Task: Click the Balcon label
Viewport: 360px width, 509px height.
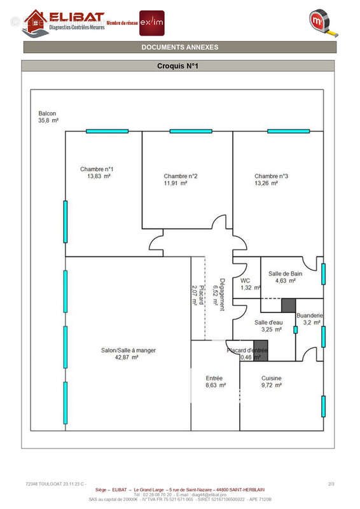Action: click(x=48, y=113)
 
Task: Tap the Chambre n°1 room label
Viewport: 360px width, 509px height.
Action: click(x=97, y=169)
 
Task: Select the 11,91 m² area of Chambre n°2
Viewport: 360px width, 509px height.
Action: click(x=175, y=183)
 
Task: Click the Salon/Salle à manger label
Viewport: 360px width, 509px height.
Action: click(x=128, y=351)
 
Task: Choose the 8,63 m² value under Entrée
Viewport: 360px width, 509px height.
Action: click(x=214, y=385)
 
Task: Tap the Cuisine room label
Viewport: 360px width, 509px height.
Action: click(x=271, y=378)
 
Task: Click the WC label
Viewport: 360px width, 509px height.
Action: click(x=245, y=280)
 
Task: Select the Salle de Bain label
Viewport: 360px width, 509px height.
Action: click(x=285, y=274)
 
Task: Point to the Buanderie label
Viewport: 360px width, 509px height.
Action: click(x=310, y=316)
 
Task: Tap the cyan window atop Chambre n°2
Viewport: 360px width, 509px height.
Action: click(x=191, y=131)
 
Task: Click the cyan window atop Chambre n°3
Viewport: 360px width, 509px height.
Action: click(x=288, y=131)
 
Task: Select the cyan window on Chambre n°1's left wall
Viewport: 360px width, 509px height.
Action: click(x=65, y=221)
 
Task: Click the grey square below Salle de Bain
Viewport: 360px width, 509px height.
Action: click(x=289, y=305)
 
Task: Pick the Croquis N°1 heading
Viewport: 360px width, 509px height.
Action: click(x=178, y=66)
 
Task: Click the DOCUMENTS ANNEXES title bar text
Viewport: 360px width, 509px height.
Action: click(x=179, y=47)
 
